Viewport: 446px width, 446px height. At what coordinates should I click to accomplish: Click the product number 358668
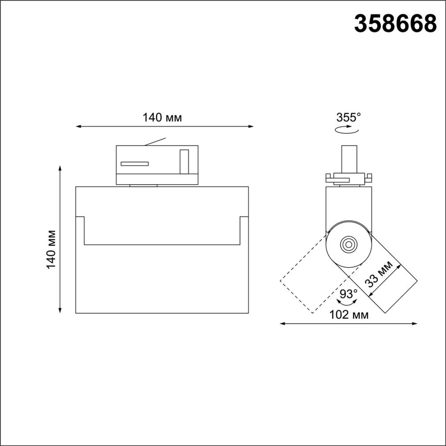(x=395, y=24)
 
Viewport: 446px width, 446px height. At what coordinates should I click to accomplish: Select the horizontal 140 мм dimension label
(x=162, y=118)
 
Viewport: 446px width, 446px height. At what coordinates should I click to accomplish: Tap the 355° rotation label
(x=348, y=118)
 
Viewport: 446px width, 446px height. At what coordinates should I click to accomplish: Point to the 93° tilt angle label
(x=349, y=294)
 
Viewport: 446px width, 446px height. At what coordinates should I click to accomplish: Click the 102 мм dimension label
(x=349, y=315)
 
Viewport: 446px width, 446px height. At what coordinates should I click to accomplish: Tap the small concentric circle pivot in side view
(x=348, y=245)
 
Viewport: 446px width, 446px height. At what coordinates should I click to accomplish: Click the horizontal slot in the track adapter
(x=134, y=164)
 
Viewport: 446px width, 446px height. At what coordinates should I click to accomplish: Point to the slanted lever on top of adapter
(x=155, y=141)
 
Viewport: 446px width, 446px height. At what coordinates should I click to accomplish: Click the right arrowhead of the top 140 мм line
(x=251, y=127)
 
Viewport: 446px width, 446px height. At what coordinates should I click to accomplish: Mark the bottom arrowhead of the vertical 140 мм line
(x=60, y=310)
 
